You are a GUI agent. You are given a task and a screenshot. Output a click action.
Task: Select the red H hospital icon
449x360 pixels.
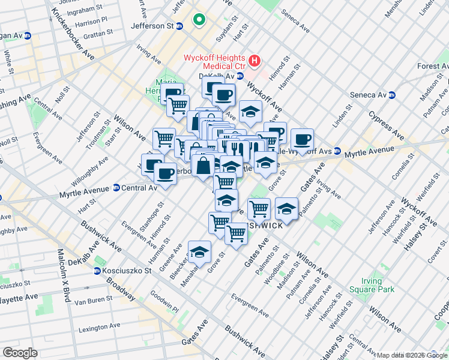(255, 61)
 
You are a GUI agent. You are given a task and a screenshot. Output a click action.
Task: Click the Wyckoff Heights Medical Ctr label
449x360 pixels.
(214, 62)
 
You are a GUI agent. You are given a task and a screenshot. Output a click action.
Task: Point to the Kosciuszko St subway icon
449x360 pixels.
(97, 271)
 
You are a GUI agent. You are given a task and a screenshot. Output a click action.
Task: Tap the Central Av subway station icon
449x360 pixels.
(116, 188)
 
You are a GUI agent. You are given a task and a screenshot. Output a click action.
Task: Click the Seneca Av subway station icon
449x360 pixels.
(392, 95)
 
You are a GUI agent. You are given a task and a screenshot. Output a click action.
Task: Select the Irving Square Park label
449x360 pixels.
(378, 285)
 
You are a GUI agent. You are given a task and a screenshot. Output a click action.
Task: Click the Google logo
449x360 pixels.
(20, 352)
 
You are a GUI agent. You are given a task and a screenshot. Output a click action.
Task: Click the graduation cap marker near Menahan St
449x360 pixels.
(199, 253)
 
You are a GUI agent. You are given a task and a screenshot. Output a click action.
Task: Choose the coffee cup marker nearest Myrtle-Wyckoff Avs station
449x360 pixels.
(302, 139)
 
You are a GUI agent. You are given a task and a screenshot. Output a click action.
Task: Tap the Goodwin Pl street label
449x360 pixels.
(164, 304)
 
